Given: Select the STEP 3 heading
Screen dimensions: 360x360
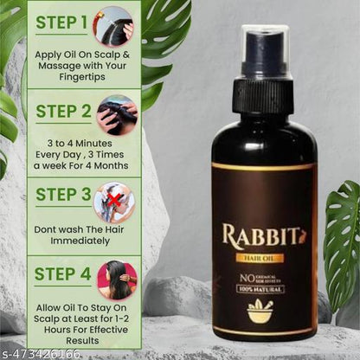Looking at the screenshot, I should click(x=60, y=196).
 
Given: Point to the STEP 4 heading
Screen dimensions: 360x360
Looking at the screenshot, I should click(x=60, y=274).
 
